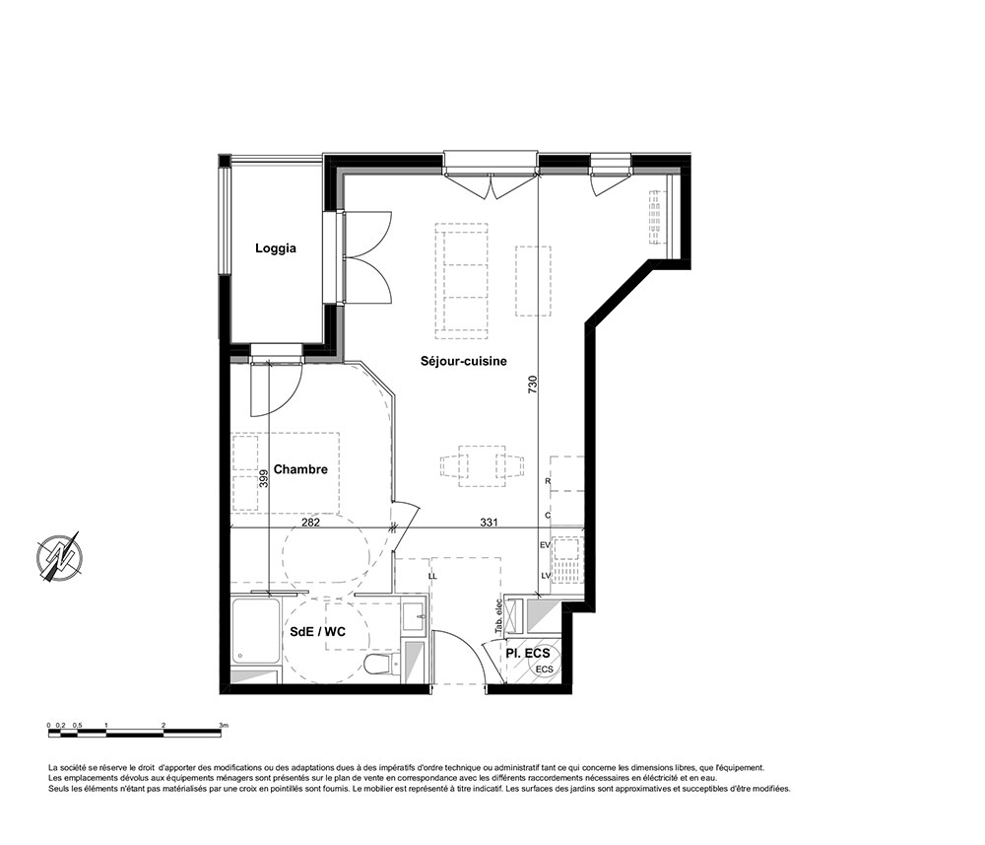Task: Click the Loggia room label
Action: pos(275,248)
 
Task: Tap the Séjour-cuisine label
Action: pos(464,361)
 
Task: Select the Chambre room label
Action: pos(300,469)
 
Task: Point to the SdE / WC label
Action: pos(318,632)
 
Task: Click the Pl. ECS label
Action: pos(528,654)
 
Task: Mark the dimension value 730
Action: pos(532,385)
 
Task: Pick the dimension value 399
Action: pos(264,478)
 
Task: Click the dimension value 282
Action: pos(310,523)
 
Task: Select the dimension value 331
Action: pos(490,523)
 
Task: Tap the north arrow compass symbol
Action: pos(60,557)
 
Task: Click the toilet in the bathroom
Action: pos(382,664)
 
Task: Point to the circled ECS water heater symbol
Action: pos(544,669)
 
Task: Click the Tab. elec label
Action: pos(498,614)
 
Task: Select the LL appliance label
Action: pos(432,576)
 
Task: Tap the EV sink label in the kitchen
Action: pos(545,545)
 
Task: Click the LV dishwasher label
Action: pos(545,575)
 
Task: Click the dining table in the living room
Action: pos(483,465)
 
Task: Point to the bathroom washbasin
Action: pos(414,616)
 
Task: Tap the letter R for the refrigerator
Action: pos(548,481)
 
